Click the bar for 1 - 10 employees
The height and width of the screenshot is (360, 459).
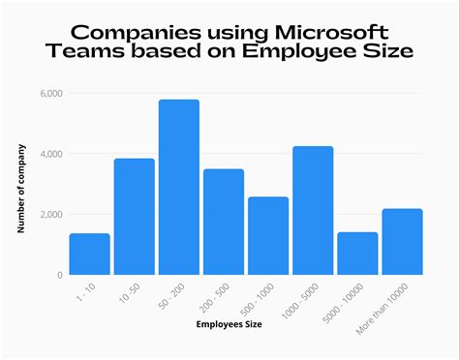coord(89,254)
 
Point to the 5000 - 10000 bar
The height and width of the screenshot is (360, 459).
coord(357,253)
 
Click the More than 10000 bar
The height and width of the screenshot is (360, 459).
coord(402,241)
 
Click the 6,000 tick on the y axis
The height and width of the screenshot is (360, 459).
coord(51,94)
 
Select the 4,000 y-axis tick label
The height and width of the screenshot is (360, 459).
coord(51,154)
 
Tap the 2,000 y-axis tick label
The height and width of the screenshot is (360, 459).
coord(51,214)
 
